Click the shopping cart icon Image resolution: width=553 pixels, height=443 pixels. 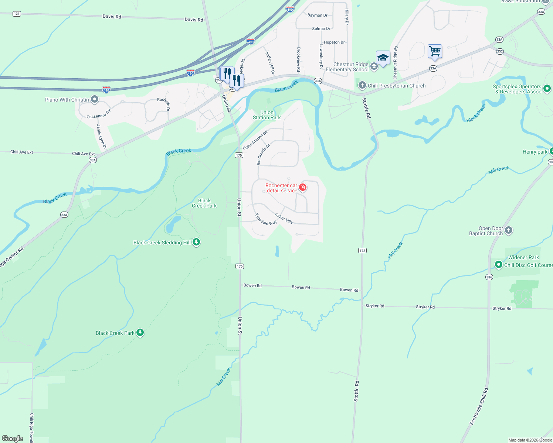[435, 51]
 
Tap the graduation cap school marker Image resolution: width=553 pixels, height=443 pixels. [383, 58]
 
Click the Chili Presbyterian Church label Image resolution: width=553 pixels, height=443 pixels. [396, 86]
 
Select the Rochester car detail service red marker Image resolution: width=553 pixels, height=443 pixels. [303, 188]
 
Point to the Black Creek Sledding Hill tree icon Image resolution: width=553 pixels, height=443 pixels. [197, 242]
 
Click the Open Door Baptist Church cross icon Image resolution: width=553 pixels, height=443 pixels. [509, 230]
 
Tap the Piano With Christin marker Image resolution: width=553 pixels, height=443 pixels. [95, 99]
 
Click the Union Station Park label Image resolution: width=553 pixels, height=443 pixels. [267, 115]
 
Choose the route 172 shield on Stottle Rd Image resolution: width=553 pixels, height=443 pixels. [362, 250]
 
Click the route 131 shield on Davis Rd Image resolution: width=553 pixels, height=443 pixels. [17, 14]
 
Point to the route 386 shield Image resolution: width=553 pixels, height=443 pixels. [489, 277]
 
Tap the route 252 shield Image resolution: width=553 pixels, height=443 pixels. [500, 51]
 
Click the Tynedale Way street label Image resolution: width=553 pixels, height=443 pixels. [266, 219]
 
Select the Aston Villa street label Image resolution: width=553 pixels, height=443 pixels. [284, 219]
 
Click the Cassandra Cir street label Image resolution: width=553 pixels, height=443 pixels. [99, 114]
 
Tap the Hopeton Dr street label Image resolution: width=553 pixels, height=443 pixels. [334, 42]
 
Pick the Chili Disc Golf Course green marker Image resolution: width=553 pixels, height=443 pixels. [499, 265]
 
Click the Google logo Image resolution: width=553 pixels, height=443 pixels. [13, 438]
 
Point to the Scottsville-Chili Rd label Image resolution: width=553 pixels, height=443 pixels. [479, 406]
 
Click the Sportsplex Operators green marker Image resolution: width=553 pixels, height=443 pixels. [547, 89]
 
